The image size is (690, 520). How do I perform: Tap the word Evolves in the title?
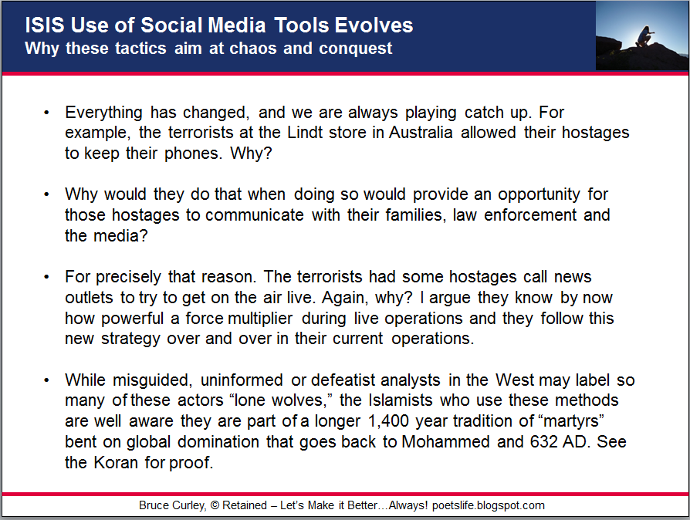tap(374, 25)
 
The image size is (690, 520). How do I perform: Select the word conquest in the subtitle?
tap(356, 49)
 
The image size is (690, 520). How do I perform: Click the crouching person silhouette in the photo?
tap(644, 36)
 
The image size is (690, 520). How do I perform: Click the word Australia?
tap(421, 133)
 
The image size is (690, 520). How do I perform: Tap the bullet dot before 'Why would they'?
tap(46, 194)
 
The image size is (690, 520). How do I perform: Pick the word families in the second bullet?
tap(416, 215)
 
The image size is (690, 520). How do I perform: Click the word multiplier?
tap(260, 318)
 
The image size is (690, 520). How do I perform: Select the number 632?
tap(543, 442)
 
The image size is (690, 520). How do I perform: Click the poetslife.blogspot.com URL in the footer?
tap(489, 505)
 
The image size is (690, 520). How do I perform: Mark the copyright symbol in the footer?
tap(215, 505)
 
